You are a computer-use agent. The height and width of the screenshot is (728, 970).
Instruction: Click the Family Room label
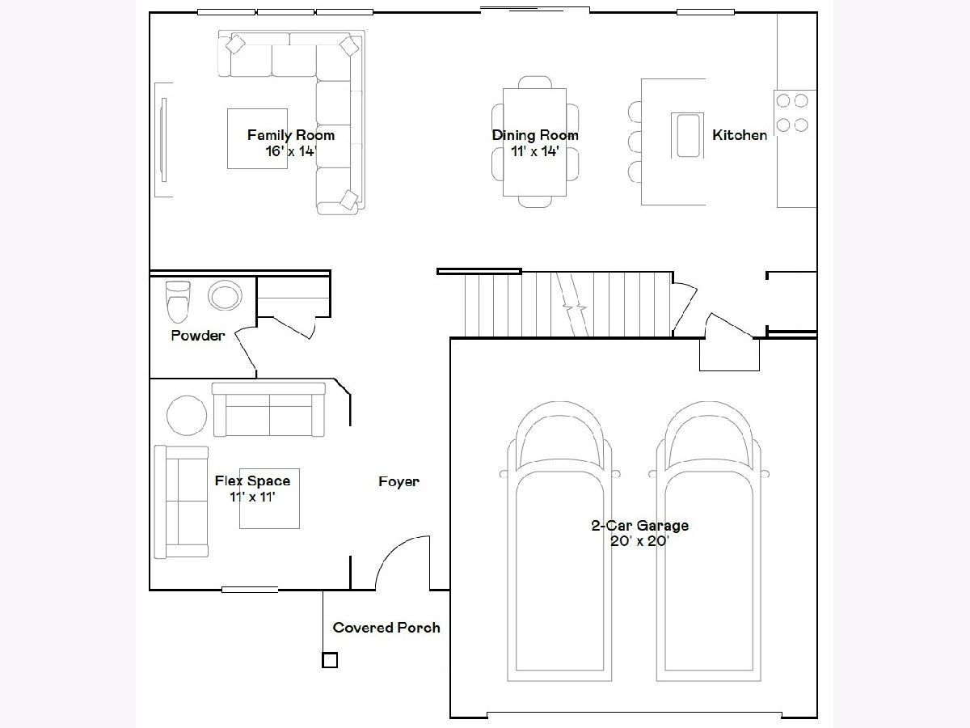(x=291, y=135)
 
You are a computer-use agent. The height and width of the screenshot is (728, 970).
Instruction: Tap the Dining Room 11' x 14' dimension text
(x=535, y=151)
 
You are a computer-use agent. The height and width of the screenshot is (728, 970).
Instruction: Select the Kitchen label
(x=740, y=135)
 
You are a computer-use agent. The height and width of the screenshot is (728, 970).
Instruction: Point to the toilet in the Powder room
(x=178, y=302)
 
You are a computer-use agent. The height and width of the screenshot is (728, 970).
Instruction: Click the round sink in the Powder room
(x=225, y=295)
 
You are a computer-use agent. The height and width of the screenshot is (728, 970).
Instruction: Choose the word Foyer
(x=399, y=481)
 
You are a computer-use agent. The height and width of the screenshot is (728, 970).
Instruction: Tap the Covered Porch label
(x=386, y=628)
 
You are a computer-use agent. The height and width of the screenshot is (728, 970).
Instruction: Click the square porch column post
(x=330, y=660)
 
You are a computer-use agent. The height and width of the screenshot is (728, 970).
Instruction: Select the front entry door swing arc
(x=394, y=549)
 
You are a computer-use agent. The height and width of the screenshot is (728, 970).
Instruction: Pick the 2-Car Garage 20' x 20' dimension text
(x=640, y=540)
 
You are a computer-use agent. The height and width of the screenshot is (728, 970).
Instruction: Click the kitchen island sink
(x=688, y=135)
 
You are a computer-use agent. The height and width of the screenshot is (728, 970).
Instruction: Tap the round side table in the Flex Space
(x=187, y=416)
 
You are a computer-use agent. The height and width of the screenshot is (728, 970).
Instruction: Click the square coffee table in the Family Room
(x=257, y=138)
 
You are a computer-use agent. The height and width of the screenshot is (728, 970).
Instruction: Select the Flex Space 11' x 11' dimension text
(x=252, y=497)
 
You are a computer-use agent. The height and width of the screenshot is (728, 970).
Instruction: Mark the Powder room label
(x=198, y=336)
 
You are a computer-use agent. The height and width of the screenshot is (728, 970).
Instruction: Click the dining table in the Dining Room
(x=535, y=142)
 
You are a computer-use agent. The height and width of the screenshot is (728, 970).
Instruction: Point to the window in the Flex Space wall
(x=250, y=589)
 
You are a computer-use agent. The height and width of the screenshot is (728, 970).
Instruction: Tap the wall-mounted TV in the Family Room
(x=164, y=140)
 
